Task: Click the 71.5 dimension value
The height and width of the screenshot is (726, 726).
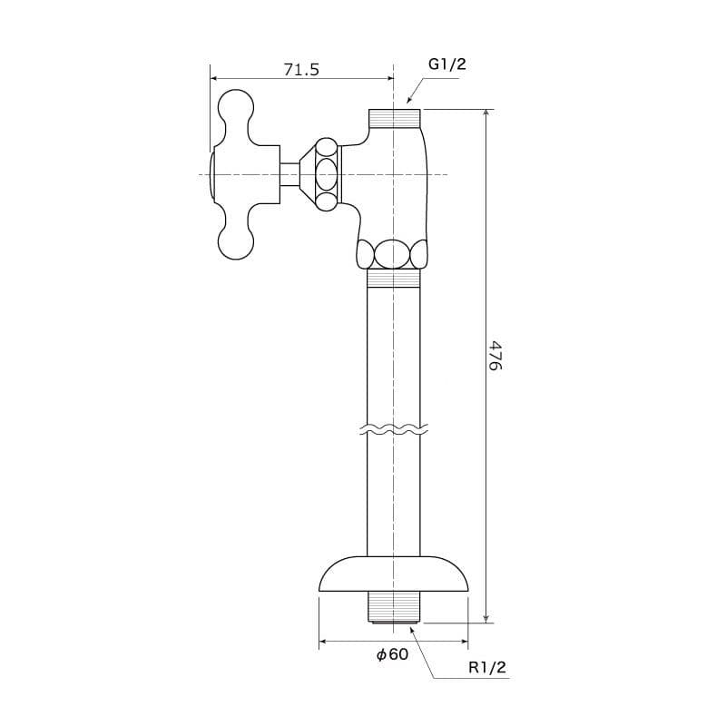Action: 301,70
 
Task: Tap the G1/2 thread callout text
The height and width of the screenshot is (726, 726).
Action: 446,64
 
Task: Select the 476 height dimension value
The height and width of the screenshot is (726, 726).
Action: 495,356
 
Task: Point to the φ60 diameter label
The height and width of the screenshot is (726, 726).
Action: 392,654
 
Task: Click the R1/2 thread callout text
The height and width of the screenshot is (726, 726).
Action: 487,667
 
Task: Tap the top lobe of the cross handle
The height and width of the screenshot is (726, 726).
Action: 236,109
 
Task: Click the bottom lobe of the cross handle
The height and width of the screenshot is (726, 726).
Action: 236,240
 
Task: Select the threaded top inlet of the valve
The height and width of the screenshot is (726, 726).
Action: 395,119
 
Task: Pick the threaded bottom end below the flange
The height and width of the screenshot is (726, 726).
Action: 394,607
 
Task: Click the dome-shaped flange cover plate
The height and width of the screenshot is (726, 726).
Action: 394,574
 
